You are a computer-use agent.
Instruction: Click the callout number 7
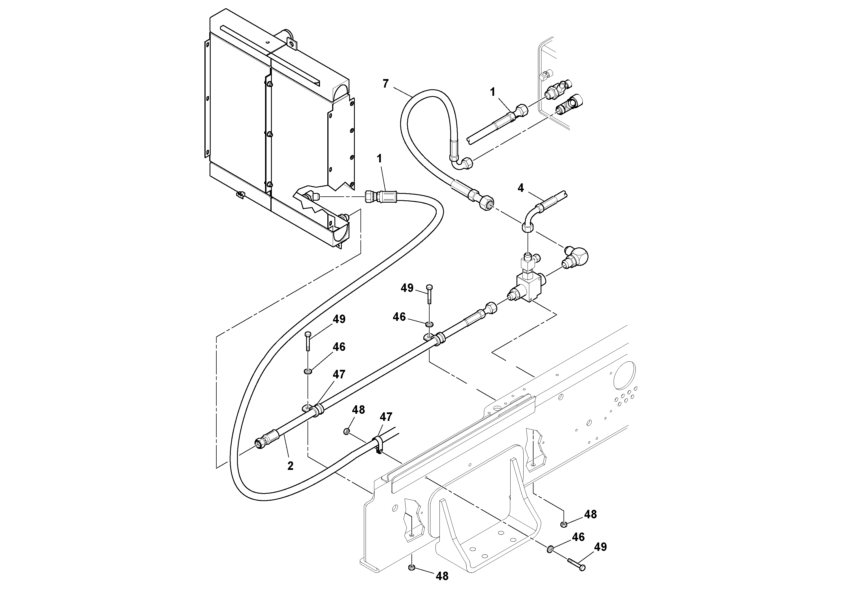point(385,84)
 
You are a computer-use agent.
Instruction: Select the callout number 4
point(521,188)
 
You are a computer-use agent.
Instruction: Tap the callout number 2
point(291,466)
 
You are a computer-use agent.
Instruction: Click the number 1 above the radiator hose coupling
point(379,159)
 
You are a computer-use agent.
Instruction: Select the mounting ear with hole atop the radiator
point(292,44)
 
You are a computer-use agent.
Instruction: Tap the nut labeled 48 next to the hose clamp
point(346,431)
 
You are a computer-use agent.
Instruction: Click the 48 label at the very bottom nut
point(442,576)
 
